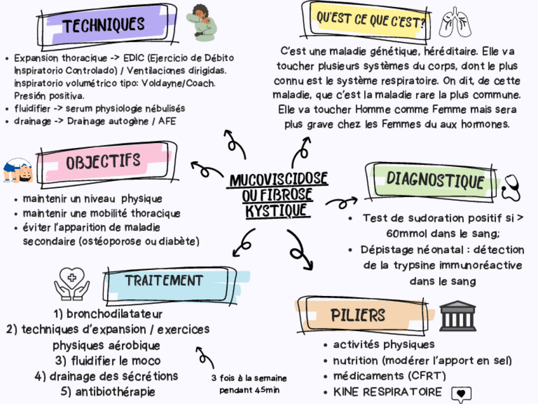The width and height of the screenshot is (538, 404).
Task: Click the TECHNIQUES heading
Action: [x=104, y=25]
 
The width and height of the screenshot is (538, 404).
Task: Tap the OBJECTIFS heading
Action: [x=103, y=163]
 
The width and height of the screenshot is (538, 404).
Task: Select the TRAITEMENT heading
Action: [x=164, y=281]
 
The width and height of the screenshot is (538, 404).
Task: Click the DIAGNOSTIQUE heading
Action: [x=436, y=181]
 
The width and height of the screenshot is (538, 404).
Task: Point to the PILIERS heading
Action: [x=358, y=315]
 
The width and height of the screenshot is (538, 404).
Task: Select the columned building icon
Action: [x=454, y=315]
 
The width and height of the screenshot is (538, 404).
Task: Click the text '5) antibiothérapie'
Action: [x=108, y=391]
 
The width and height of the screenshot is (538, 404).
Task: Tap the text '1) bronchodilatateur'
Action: [x=108, y=314]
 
